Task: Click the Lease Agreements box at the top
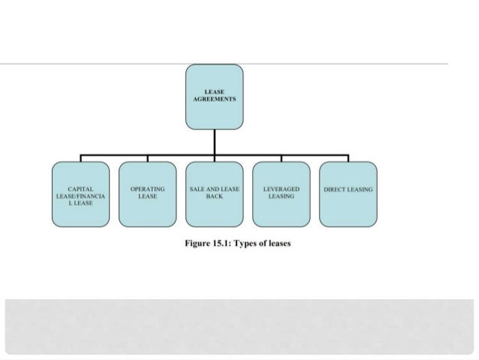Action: [x=214, y=96]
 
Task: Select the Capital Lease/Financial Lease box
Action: [x=80, y=194]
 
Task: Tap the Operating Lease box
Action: [x=147, y=194]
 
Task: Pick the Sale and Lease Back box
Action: [x=214, y=194]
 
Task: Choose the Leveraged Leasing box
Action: [x=281, y=194]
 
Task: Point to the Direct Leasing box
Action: [x=348, y=194]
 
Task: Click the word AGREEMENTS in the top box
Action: [x=215, y=98]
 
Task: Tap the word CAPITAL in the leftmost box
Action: [x=80, y=189]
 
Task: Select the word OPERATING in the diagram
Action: [x=147, y=189]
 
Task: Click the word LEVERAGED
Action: [x=282, y=189]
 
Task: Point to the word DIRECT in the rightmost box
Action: [x=335, y=189]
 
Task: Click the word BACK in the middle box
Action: [x=214, y=196]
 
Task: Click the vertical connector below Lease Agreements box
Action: [x=214, y=141]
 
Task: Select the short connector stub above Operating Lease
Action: [x=147, y=159]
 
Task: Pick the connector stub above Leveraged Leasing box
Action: [x=281, y=159]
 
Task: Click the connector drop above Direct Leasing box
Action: [x=348, y=159]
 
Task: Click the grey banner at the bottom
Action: [x=239, y=325]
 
